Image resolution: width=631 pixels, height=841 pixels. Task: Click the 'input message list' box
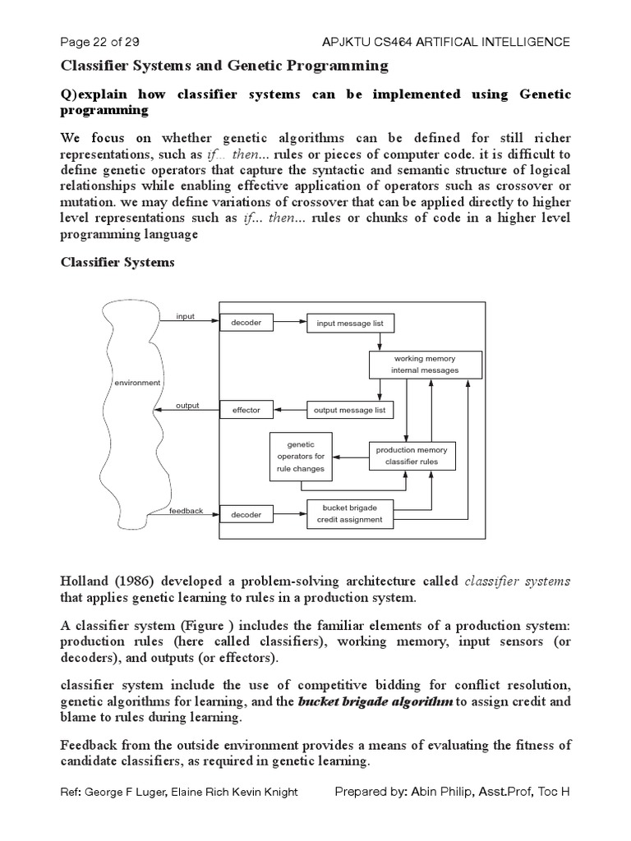point(350,324)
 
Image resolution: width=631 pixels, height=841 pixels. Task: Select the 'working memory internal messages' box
point(425,365)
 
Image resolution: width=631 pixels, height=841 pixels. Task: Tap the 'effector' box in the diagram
point(246,409)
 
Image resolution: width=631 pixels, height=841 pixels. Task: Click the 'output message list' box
point(350,409)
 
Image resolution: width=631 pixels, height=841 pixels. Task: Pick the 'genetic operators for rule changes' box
point(301,457)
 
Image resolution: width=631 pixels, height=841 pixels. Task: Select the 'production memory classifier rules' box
point(412,456)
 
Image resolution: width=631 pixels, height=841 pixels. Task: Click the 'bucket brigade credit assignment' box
point(350,514)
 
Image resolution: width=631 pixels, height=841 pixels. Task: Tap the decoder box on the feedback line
point(246,515)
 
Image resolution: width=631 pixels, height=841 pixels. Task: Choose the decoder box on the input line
point(246,323)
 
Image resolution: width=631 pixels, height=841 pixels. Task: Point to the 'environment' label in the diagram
point(137,383)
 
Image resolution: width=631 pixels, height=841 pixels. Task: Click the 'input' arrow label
point(186,316)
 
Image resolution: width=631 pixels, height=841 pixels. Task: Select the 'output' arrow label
point(187,404)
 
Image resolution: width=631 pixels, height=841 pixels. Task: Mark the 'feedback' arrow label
point(186,511)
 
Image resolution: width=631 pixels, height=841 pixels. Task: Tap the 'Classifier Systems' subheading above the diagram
point(117,263)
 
